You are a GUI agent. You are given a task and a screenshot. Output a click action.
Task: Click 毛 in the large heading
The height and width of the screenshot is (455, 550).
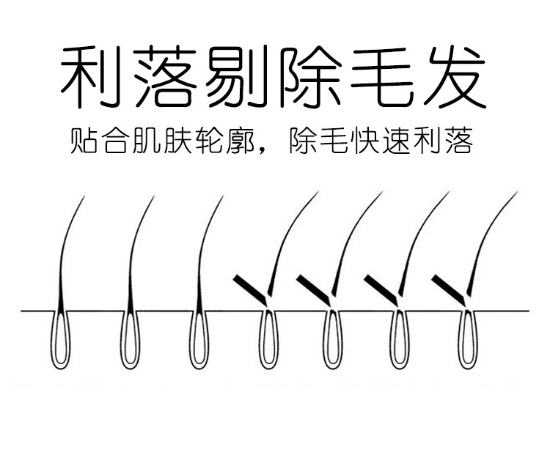[382, 78]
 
